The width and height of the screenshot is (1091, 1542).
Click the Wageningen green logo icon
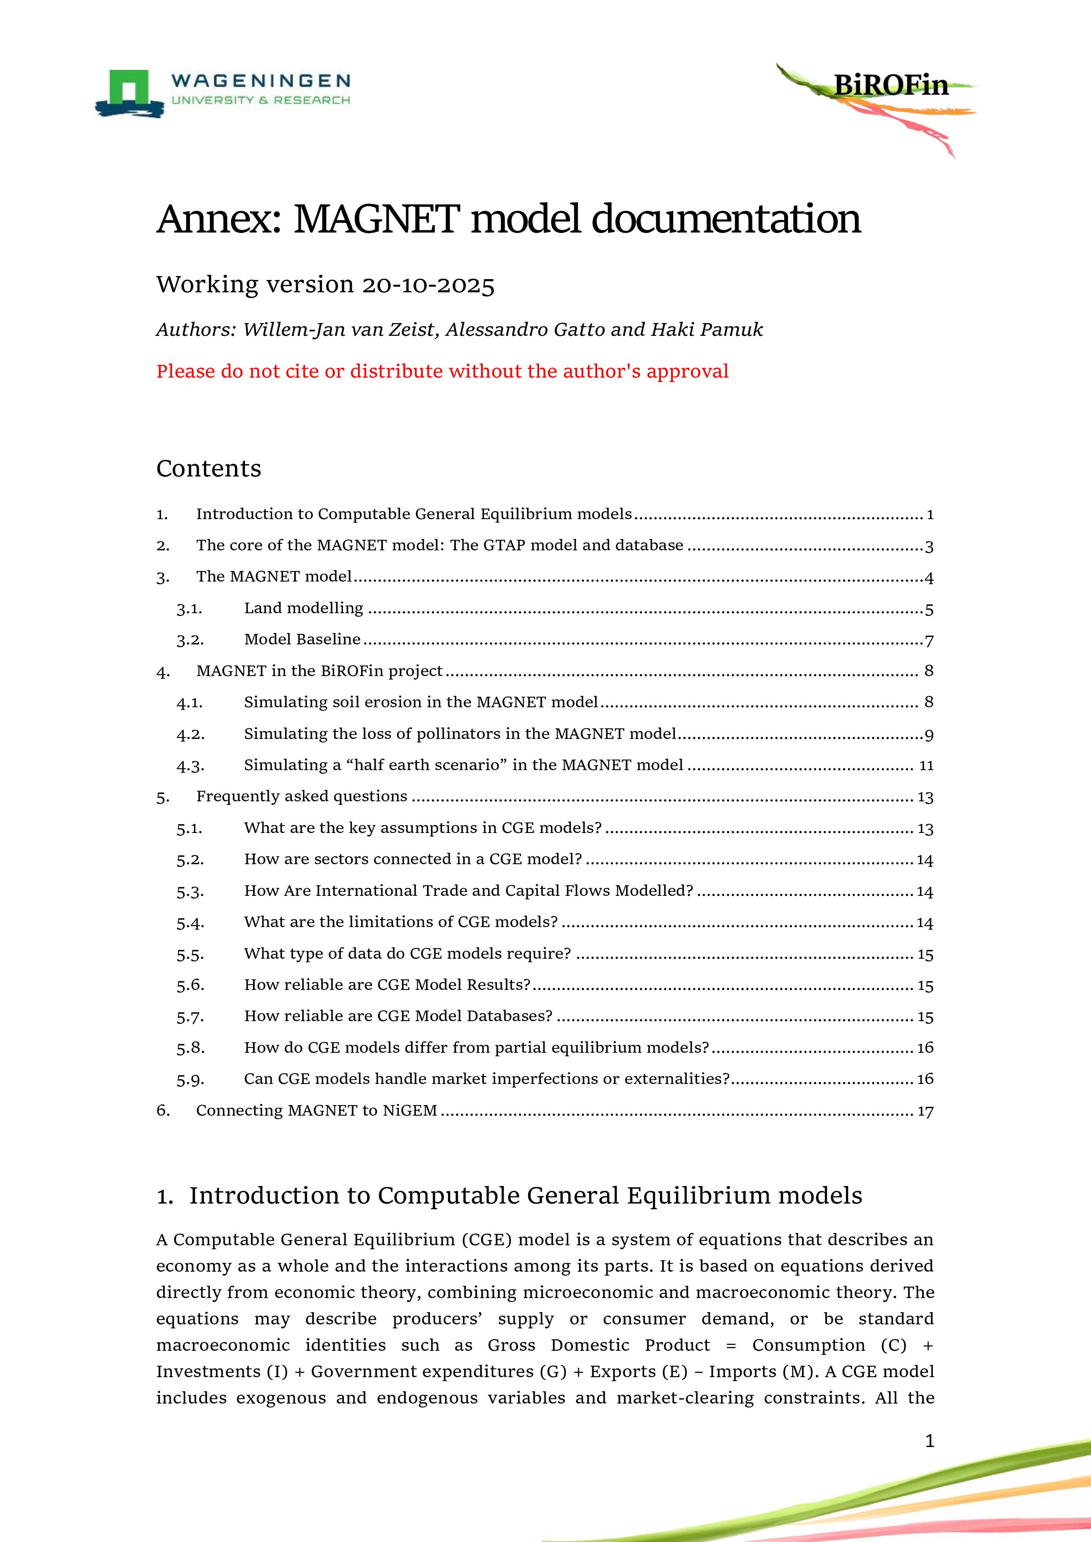coord(129,92)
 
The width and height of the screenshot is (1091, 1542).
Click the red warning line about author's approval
coord(442,371)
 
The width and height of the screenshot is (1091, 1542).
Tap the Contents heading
coord(208,468)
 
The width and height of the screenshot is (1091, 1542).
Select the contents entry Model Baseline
coord(302,640)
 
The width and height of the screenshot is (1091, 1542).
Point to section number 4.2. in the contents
coord(190,734)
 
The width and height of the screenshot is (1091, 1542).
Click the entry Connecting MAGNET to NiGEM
coord(317,1111)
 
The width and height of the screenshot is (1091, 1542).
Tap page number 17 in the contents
coord(925,1112)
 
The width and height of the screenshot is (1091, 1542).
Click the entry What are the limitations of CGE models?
coord(401,922)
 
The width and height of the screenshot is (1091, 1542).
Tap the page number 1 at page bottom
coord(929,1440)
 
